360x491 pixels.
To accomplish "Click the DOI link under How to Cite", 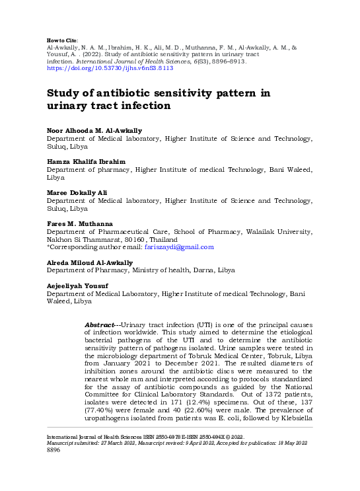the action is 110,67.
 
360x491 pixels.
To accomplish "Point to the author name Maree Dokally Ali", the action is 77,192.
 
